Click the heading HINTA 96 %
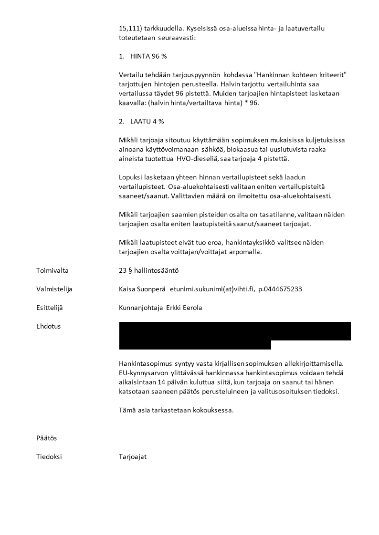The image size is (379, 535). coord(148,56)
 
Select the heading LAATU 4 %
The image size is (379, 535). coord(147,121)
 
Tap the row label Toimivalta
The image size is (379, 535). coord(52,270)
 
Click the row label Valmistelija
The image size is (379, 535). coord(54,289)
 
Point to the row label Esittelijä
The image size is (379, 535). coord(49,308)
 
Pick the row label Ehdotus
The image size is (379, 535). coord(48,326)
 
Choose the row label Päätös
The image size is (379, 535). coord(46,438)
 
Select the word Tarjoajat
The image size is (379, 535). coord(133,456)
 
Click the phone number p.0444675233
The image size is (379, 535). coord(280,289)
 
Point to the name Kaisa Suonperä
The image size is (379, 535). coord(142,289)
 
